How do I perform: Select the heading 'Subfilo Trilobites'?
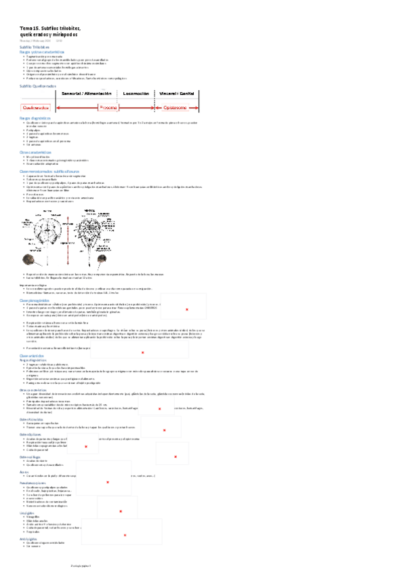35,47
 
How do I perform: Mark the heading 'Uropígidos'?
28,513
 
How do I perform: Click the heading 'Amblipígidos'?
30,539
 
